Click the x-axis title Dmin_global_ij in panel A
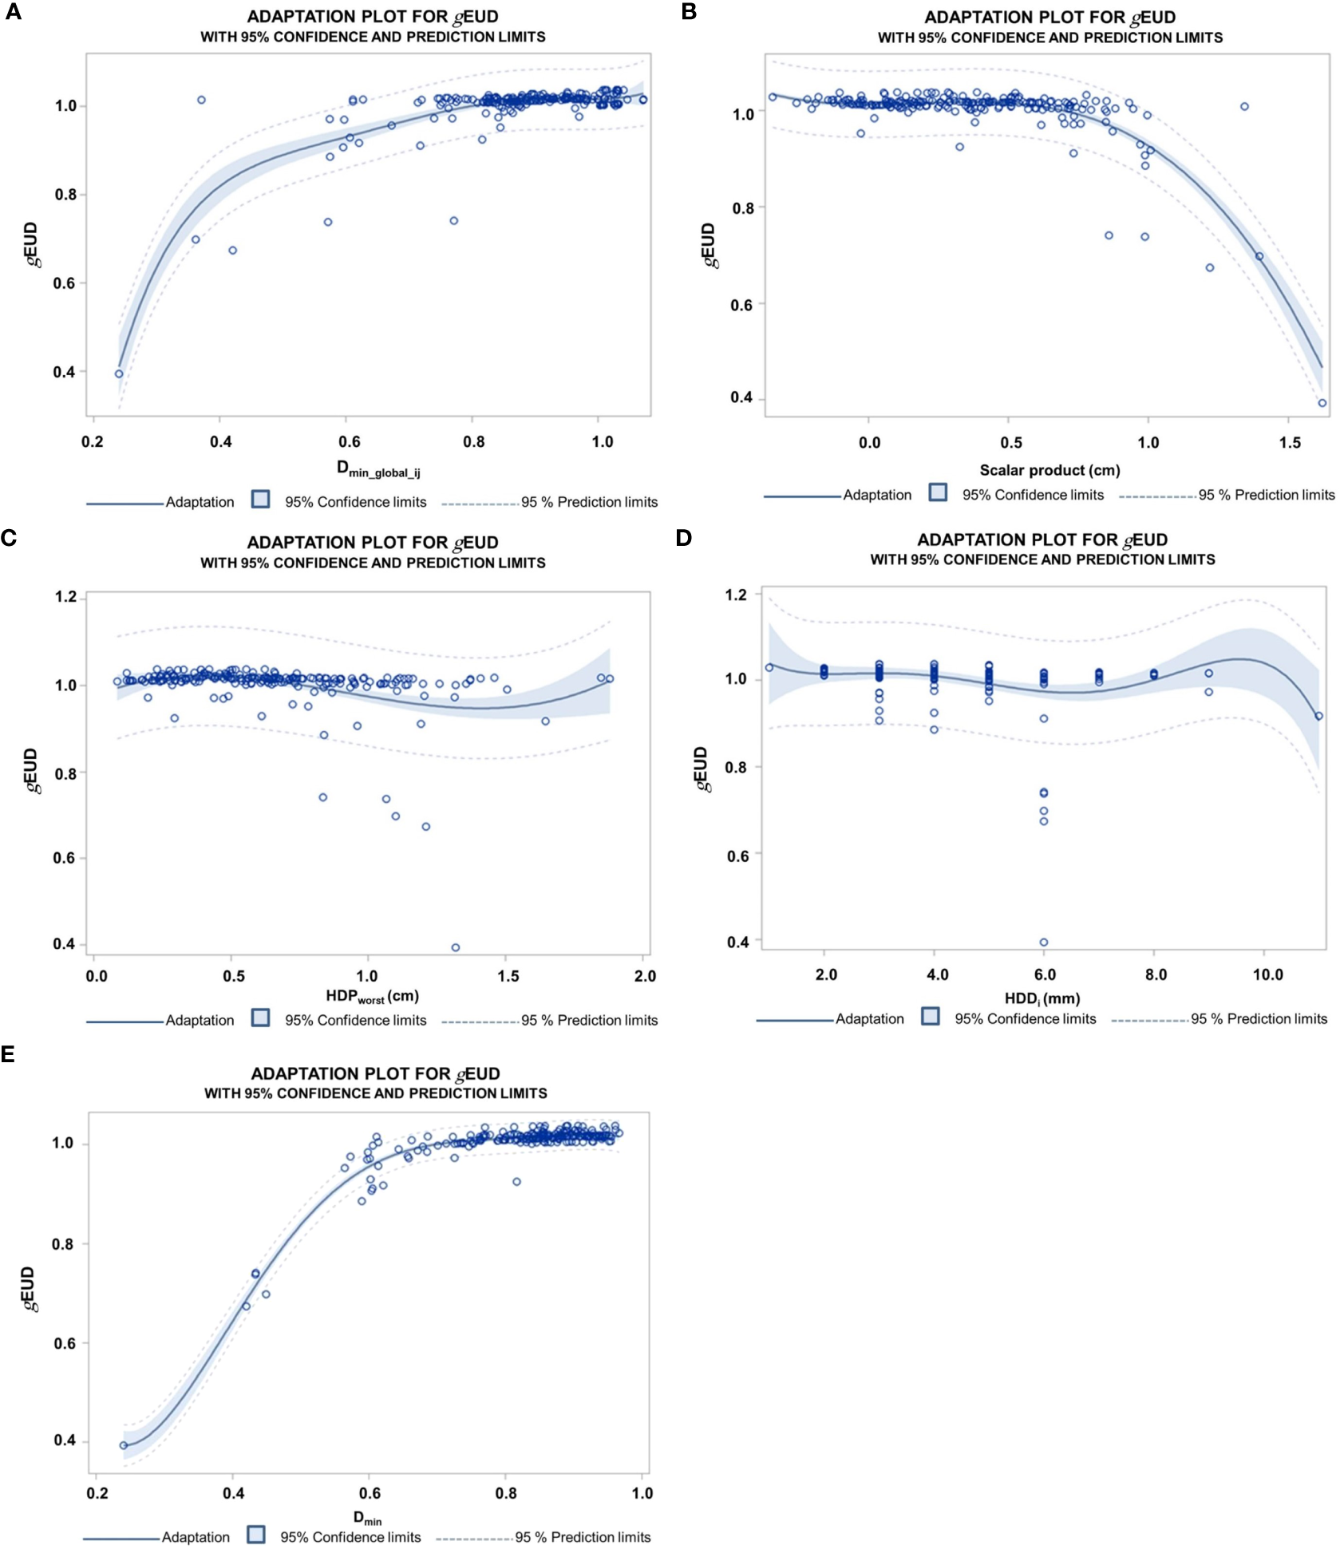pyautogui.click(x=377, y=469)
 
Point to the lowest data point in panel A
pyautogui.click(x=119, y=373)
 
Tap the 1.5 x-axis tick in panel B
pyautogui.click(x=1289, y=442)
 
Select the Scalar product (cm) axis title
pyautogui.click(x=1049, y=470)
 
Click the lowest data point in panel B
pyautogui.click(x=1322, y=403)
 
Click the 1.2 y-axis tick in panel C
pyautogui.click(x=66, y=597)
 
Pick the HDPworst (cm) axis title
pyautogui.click(x=372, y=996)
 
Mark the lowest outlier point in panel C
pyautogui.click(x=456, y=947)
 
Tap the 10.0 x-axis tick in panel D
pyautogui.click(x=1267, y=974)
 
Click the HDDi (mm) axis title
pyautogui.click(x=1042, y=998)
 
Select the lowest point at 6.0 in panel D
pyautogui.click(x=1043, y=942)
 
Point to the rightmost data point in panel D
pyautogui.click(x=1318, y=716)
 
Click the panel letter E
pyautogui.click(x=9, y=1055)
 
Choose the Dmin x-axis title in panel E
pyautogui.click(x=368, y=1518)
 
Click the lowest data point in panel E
pyautogui.click(x=124, y=1445)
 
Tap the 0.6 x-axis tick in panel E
pyautogui.click(x=370, y=1493)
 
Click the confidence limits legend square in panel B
pyautogui.click(x=938, y=492)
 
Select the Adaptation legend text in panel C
pyautogui.click(x=200, y=1020)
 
